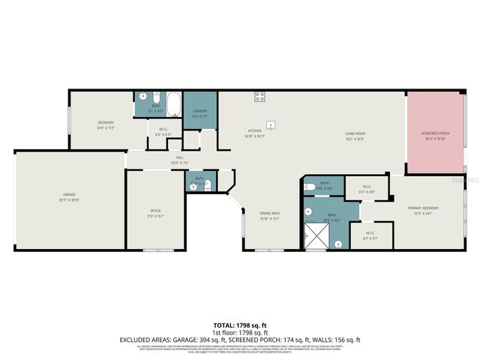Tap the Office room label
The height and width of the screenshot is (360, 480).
(x=155, y=212)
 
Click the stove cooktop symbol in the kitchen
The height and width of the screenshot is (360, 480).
(x=260, y=96)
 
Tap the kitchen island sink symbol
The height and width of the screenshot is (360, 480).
(x=271, y=124)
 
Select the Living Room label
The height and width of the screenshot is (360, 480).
(x=355, y=136)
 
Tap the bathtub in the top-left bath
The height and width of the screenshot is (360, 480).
(x=173, y=106)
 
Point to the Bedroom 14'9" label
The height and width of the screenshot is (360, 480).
(x=105, y=124)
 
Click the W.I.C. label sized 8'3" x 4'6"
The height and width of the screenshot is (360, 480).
(x=367, y=189)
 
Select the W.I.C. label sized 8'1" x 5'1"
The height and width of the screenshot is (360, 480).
(x=370, y=235)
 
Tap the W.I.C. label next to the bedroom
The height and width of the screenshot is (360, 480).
(x=163, y=131)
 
